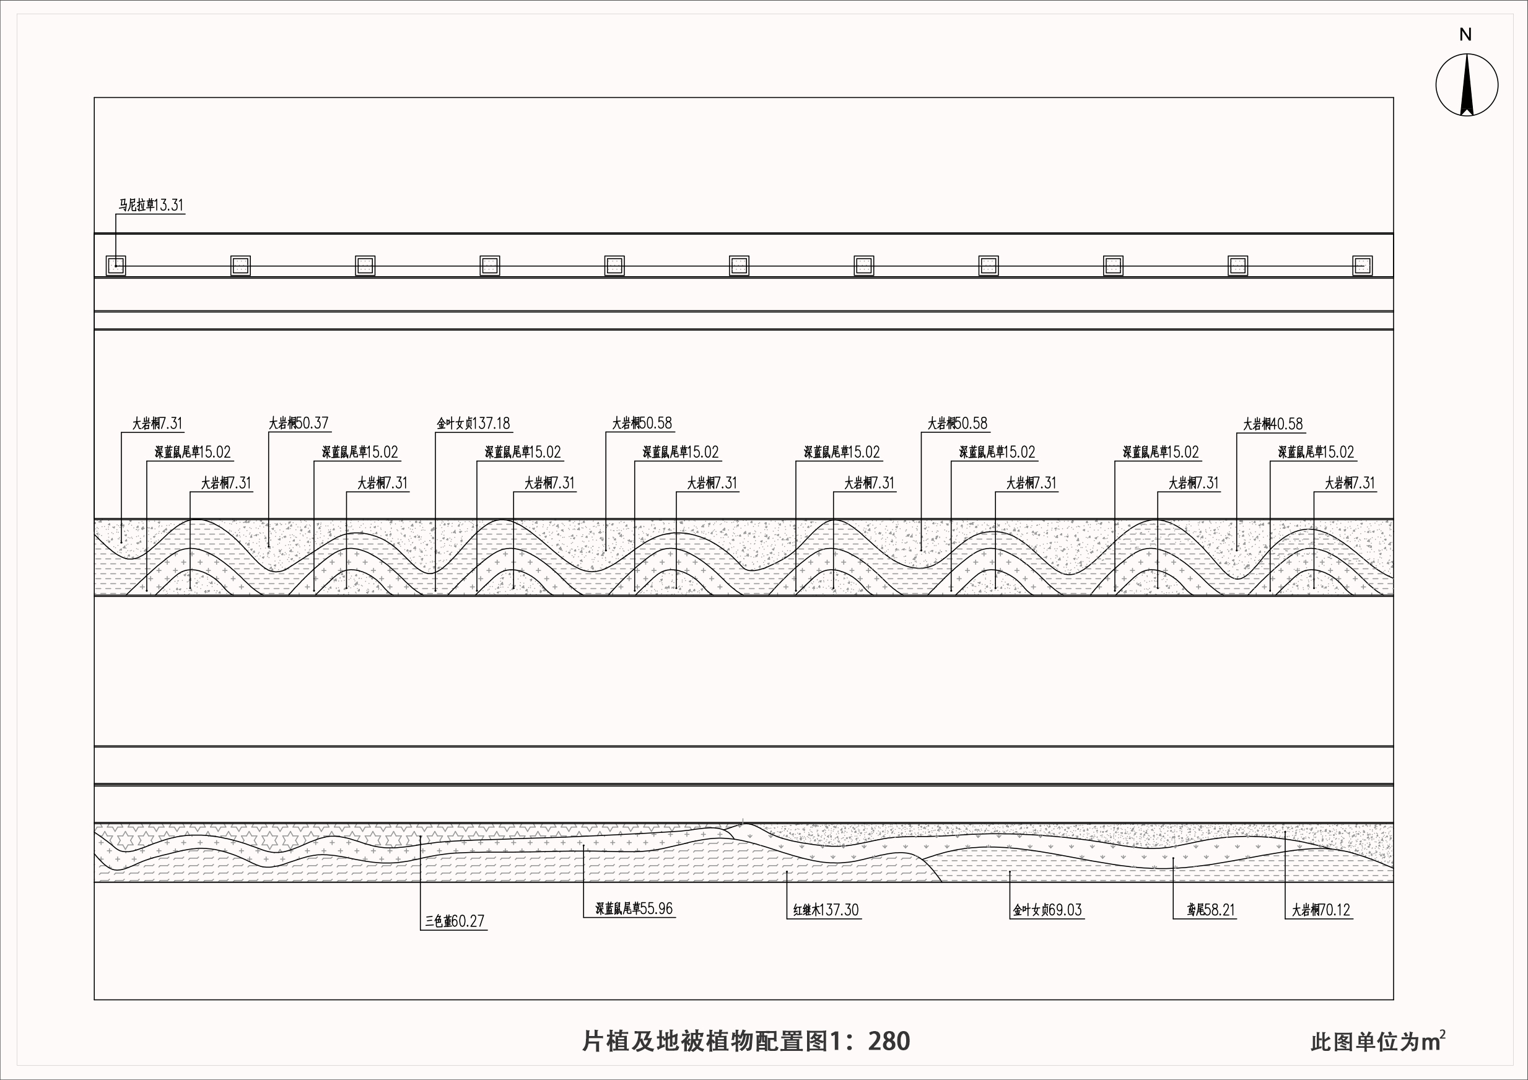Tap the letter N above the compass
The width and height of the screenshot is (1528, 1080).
tap(1465, 35)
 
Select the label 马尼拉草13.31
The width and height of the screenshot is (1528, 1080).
tap(151, 205)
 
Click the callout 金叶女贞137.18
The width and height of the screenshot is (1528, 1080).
tap(473, 423)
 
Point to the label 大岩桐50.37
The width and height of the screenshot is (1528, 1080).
tap(298, 423)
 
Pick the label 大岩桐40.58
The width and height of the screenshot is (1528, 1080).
tap(1272, 424)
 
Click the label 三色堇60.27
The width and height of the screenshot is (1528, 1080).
tap(455, 921)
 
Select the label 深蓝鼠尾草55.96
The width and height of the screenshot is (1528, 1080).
tap(634, 909)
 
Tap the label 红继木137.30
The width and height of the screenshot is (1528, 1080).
tap(826, 910)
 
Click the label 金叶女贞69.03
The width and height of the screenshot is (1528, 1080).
tap(1047, 910)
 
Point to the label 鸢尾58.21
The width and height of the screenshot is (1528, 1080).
tap(1210, 910)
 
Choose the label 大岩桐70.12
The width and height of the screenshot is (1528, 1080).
tap(1321, 910)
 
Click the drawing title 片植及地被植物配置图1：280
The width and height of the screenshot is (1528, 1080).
tap(746, 1042)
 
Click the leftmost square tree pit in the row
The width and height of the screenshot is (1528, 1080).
tap(116, 266)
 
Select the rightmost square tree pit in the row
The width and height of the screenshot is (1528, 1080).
tap(1362, 266)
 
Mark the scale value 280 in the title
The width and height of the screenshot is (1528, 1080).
tap(889, 1042)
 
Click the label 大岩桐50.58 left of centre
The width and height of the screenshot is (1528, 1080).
tap(642, 423)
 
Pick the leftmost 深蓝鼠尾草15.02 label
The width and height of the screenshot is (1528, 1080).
tap(193, 453)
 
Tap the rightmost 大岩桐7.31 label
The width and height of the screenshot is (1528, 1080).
tap(1349, 483)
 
